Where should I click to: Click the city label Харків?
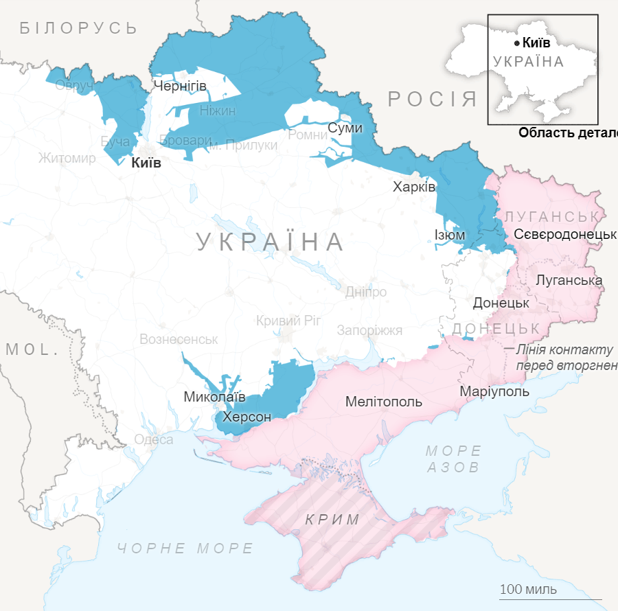click(414, 187)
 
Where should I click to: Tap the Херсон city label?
click(247, 417)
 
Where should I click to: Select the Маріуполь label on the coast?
click(494, 391)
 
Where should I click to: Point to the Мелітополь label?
click(384, 402)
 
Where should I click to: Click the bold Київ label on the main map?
click(146, 163)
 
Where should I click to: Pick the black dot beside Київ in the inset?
click(516, 43)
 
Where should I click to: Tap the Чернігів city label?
click(180, 86)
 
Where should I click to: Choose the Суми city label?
click(345, 128)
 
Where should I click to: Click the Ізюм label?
click(450, 235)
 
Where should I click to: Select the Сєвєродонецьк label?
click(564, 234)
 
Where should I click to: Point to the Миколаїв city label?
click(214, 397)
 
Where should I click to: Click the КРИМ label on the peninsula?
click(332, 520)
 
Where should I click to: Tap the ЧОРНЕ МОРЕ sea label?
click(185, 549)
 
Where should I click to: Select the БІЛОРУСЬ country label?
click(79, 28)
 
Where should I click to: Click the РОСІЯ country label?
click(433, 99)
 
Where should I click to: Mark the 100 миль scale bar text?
click(528, 590)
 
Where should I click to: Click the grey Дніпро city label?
click(365, 292)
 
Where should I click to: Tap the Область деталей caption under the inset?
click(567, 133)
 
